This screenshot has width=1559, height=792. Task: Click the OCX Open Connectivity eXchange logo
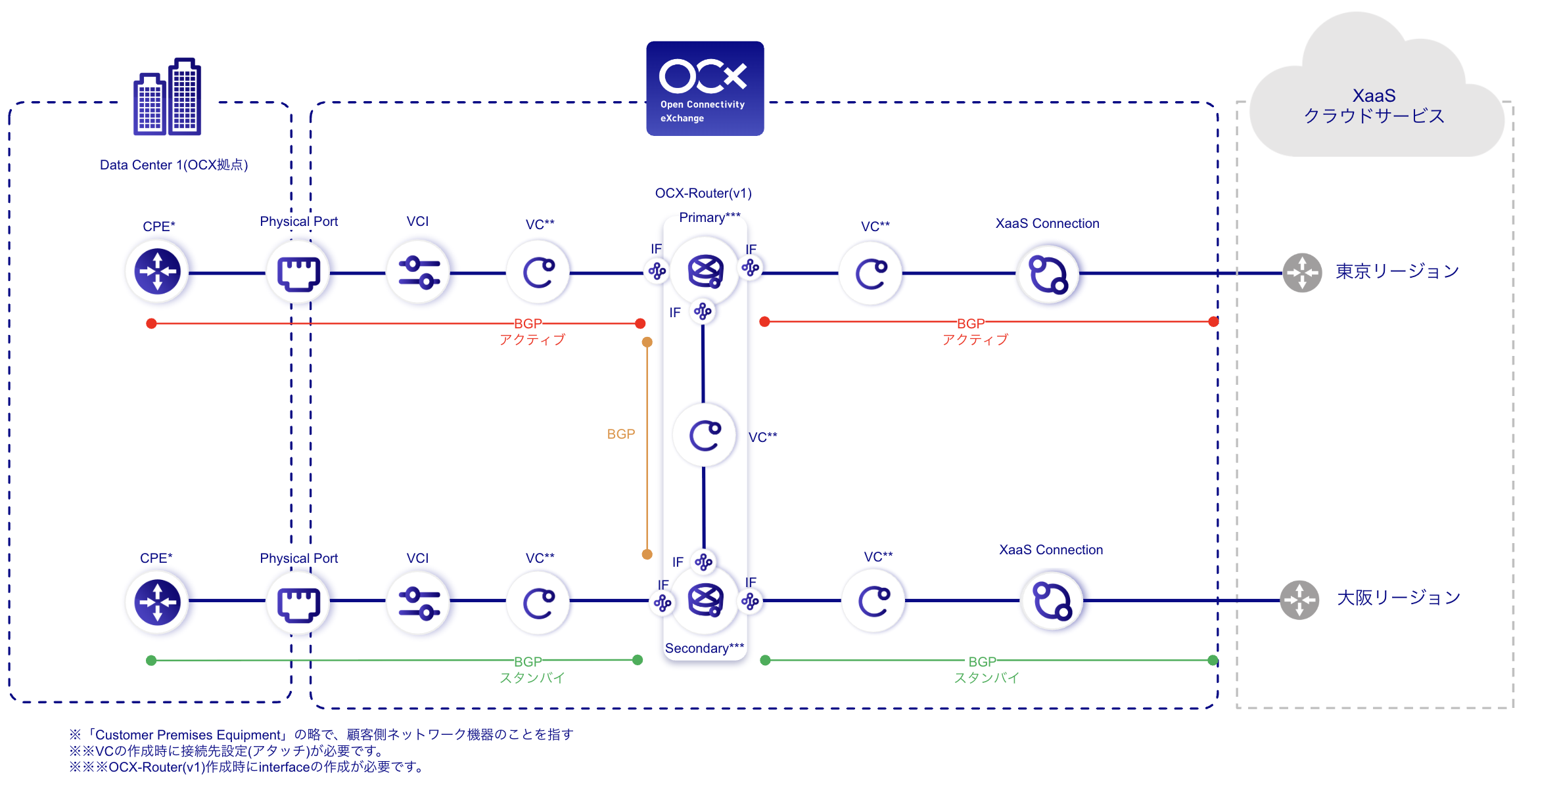tap(705, 89)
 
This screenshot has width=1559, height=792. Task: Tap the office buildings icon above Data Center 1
tap(168, 97)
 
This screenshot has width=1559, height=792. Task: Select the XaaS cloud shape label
tap(1374, 105)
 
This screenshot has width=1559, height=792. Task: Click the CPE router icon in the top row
tap(157, 271)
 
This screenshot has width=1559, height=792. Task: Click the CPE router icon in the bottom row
tap(157, 602)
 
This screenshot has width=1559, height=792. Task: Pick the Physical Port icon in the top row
tap(298, 273)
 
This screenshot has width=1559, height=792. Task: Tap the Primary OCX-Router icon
tap(705, 271)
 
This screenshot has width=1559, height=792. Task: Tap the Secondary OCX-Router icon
tap(705, 600)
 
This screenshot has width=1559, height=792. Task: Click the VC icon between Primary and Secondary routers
tap(705, 435)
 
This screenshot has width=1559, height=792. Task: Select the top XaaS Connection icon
tap(1048, 274)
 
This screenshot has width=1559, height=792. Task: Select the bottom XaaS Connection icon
tap(1052, 601)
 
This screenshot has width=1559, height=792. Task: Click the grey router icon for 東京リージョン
tap(1302, 273)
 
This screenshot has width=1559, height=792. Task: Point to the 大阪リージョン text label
tap(1399, 598)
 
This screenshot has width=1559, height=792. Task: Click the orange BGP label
tap(620, 434)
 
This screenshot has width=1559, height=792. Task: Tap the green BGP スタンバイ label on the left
tap(531, 669)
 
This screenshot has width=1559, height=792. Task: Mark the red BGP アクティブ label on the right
tap(973, 331)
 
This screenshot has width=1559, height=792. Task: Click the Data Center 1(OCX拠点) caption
tap(174, 165)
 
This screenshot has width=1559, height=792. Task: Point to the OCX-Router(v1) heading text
tap(703, 193)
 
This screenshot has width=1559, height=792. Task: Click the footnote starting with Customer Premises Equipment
tap(321, 734)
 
